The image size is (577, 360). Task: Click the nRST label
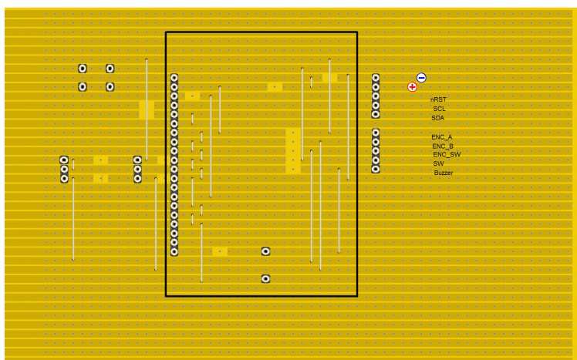(x=438, y=99)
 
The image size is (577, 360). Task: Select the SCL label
(x=439, y=109)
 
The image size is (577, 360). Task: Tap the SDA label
(x=437, y=118)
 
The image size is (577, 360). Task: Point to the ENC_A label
(x=441, y=136)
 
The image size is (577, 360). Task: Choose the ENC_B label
(x=442, y=146)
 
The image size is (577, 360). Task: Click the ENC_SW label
(x=446, y=154)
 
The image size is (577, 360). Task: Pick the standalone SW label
(x=438, y=163)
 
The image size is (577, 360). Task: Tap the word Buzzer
(x=443, y=173)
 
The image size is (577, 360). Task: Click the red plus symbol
(x=412, y=87)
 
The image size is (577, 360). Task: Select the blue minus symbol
(x=421, y=77)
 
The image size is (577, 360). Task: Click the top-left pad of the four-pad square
(x=83, y=69)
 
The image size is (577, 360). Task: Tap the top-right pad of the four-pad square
(x=110, y=69)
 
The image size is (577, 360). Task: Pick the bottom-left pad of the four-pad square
(x=83, y=86)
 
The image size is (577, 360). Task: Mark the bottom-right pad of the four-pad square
(x=110, y=86)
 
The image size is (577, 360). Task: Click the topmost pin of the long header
(x=174, y=78)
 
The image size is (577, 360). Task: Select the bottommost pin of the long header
(x=174, y=251)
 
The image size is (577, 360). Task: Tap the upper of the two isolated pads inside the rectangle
(x=265, y=251)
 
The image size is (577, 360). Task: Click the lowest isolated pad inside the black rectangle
(x=265, y=278)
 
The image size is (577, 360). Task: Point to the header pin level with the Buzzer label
(x=376, y=169)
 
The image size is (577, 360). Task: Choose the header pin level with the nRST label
(x=376, y=96)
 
